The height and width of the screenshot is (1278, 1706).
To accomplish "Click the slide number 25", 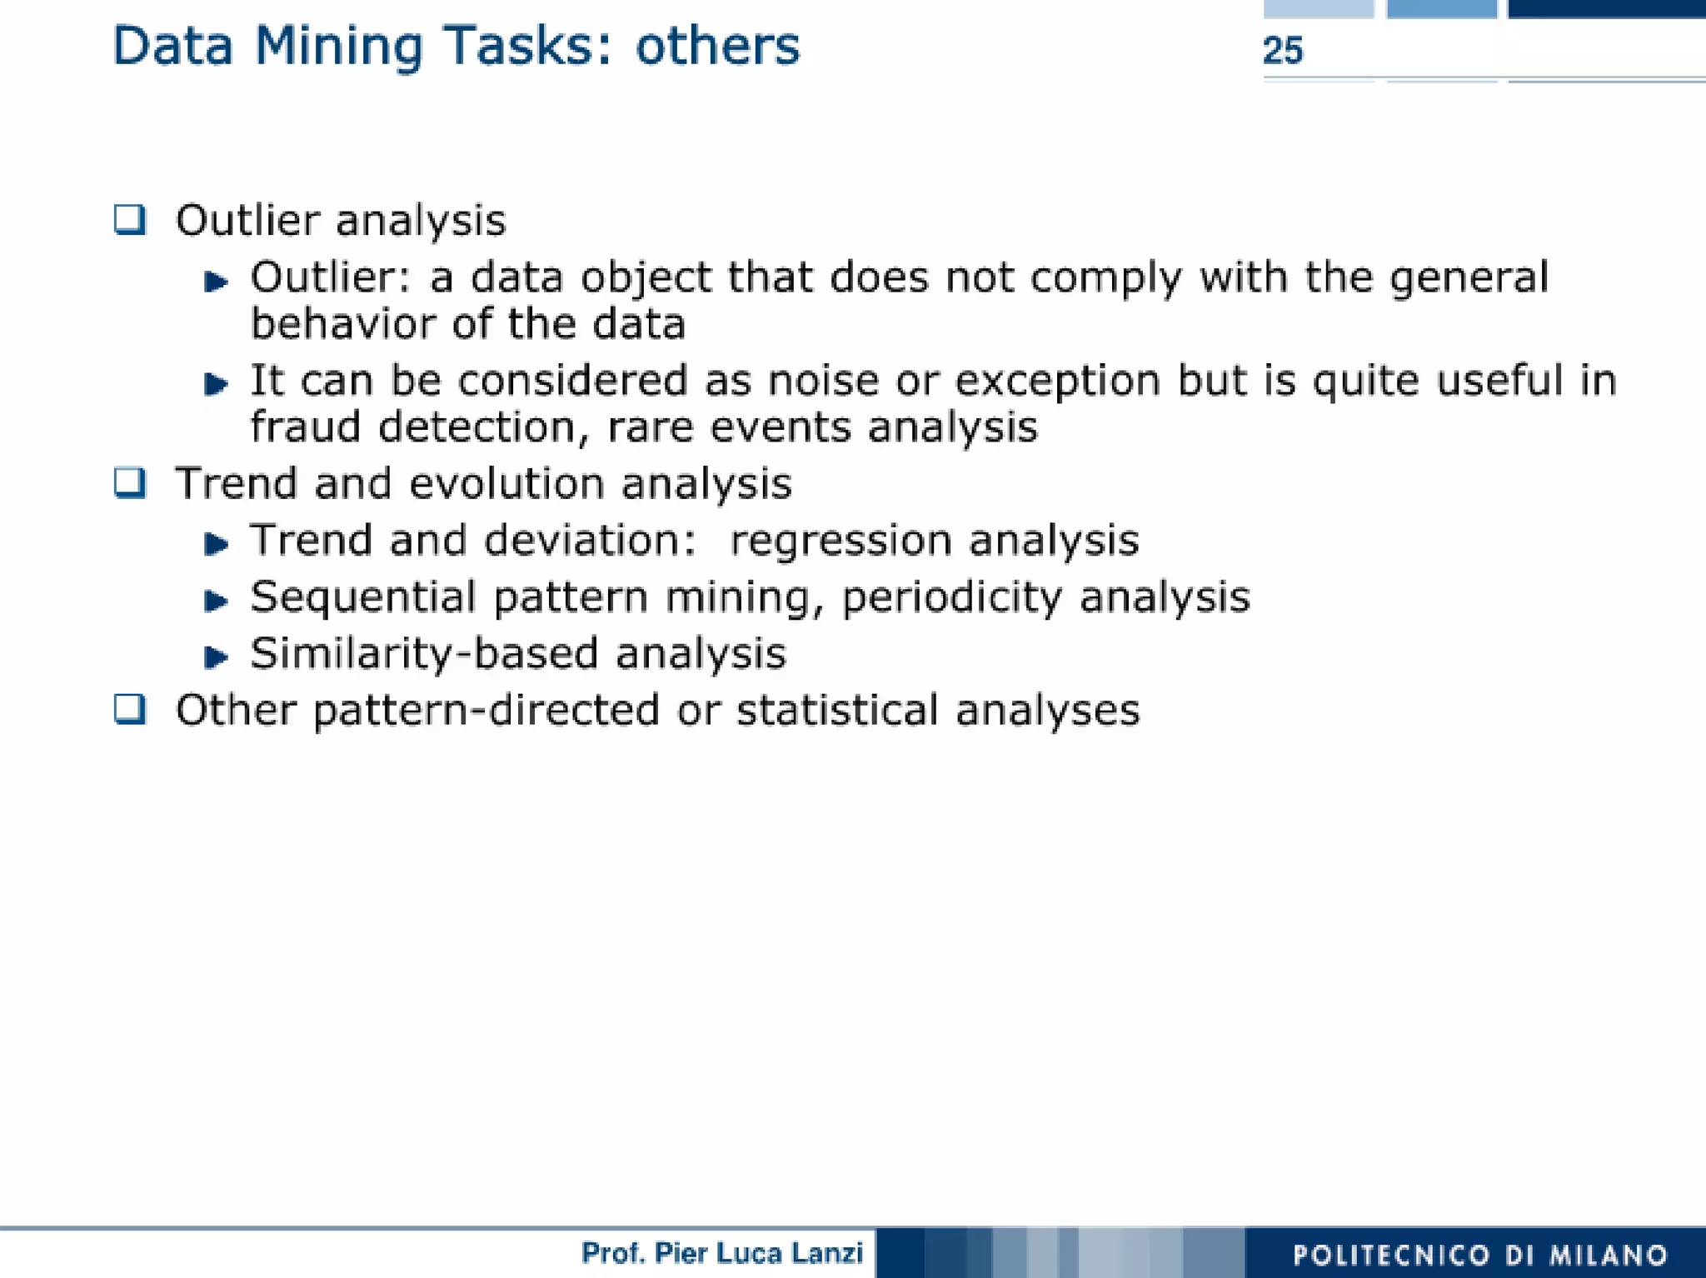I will [x=1282, y=51].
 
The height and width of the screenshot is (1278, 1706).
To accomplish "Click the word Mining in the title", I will [x=338, y=47].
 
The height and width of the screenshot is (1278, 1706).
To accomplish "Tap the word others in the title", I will [x=717, y=46].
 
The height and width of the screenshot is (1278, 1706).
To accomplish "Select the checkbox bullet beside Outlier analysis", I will [x=130, y=220].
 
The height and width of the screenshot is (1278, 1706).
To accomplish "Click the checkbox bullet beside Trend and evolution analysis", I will [x=130, y=482].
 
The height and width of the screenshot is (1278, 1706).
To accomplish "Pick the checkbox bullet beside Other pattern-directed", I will [x=130, y=709].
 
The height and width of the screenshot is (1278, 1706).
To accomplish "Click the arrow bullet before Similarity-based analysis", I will [x=216, y=656].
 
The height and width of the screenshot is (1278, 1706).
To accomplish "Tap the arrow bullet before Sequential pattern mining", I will [x=216, y=600].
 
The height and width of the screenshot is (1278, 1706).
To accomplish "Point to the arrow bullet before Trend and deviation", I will [x=216, y=544].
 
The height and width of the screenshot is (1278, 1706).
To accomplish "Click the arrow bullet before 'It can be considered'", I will [x=216, y=383].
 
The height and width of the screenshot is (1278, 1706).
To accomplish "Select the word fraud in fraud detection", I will [x=305, y=427].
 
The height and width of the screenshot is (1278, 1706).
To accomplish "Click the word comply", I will [x=1105, y=279].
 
